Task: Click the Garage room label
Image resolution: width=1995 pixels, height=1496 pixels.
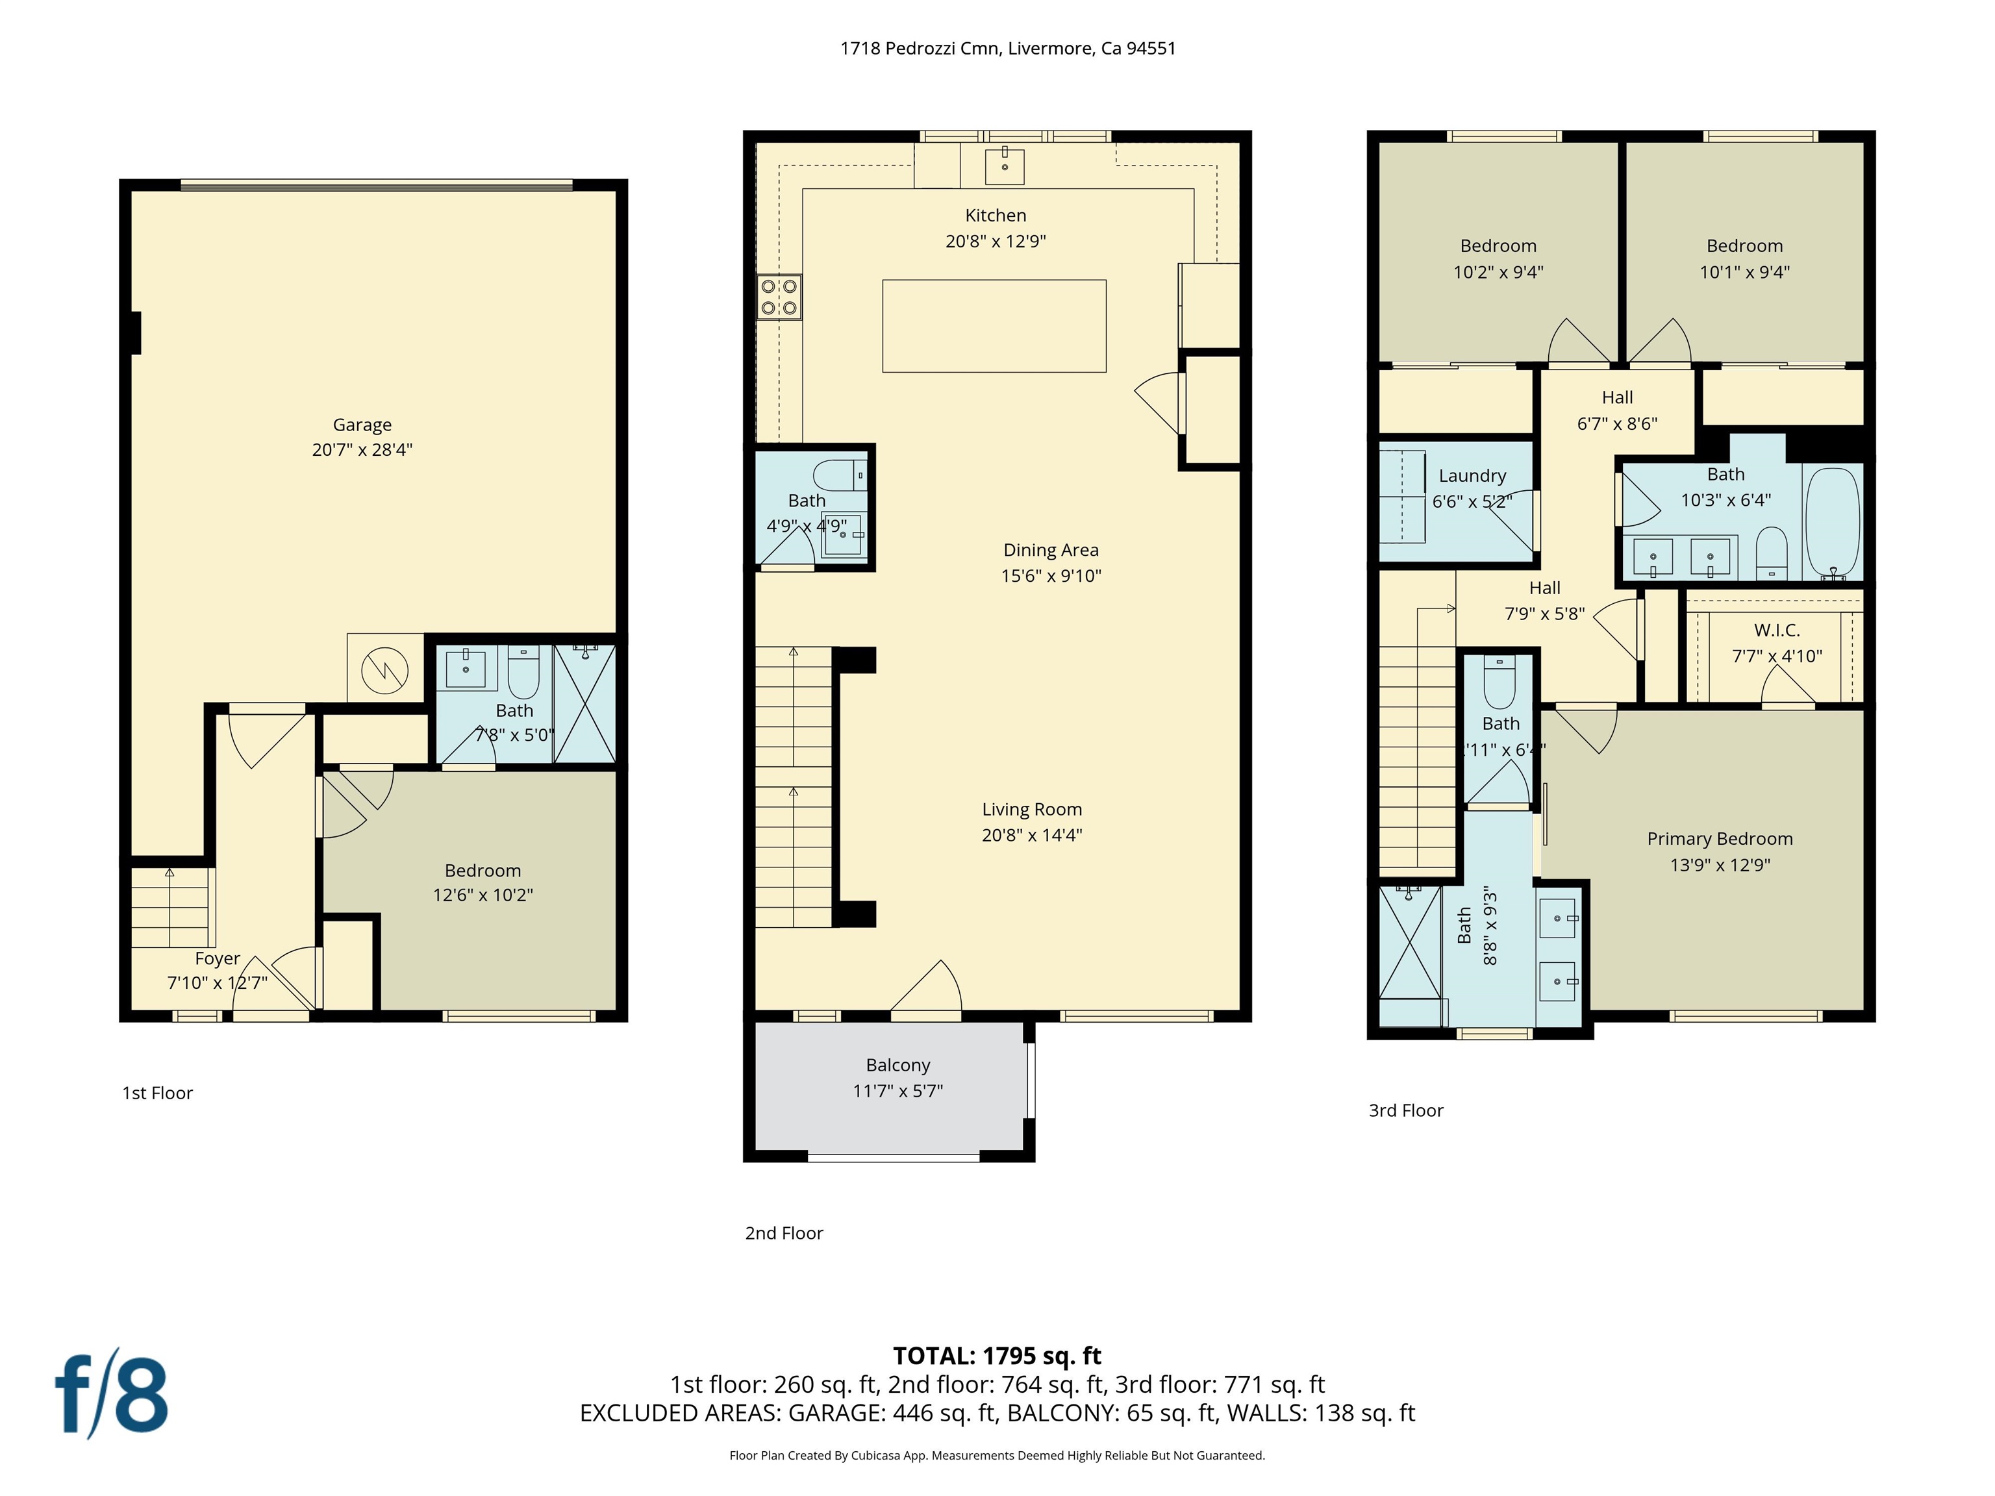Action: [362, 425]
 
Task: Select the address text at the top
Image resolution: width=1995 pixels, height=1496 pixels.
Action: [1007, 49]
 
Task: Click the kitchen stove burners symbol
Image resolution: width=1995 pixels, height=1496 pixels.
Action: [779, 297]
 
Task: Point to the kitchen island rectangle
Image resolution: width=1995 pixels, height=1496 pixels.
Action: [994, 325]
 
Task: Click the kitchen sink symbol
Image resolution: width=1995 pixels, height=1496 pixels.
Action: [1004, 166]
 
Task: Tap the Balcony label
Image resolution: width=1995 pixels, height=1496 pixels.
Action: [897, 1065]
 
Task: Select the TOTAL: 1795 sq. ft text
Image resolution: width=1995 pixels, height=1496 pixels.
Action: [997, 1355]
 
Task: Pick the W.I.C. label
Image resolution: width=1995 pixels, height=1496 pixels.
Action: [1777, 630]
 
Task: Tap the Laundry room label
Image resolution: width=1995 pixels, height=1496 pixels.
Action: [1472, 475]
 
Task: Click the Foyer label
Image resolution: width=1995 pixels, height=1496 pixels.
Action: [218, 958]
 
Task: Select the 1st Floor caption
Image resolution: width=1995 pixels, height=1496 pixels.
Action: [158, 1093]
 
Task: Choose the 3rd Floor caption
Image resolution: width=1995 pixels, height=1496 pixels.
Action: [1406, 1111]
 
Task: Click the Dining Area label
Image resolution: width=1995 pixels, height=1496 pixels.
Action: [1051, 550]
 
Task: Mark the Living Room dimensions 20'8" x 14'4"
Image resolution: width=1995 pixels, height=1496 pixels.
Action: [1032, 835]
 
